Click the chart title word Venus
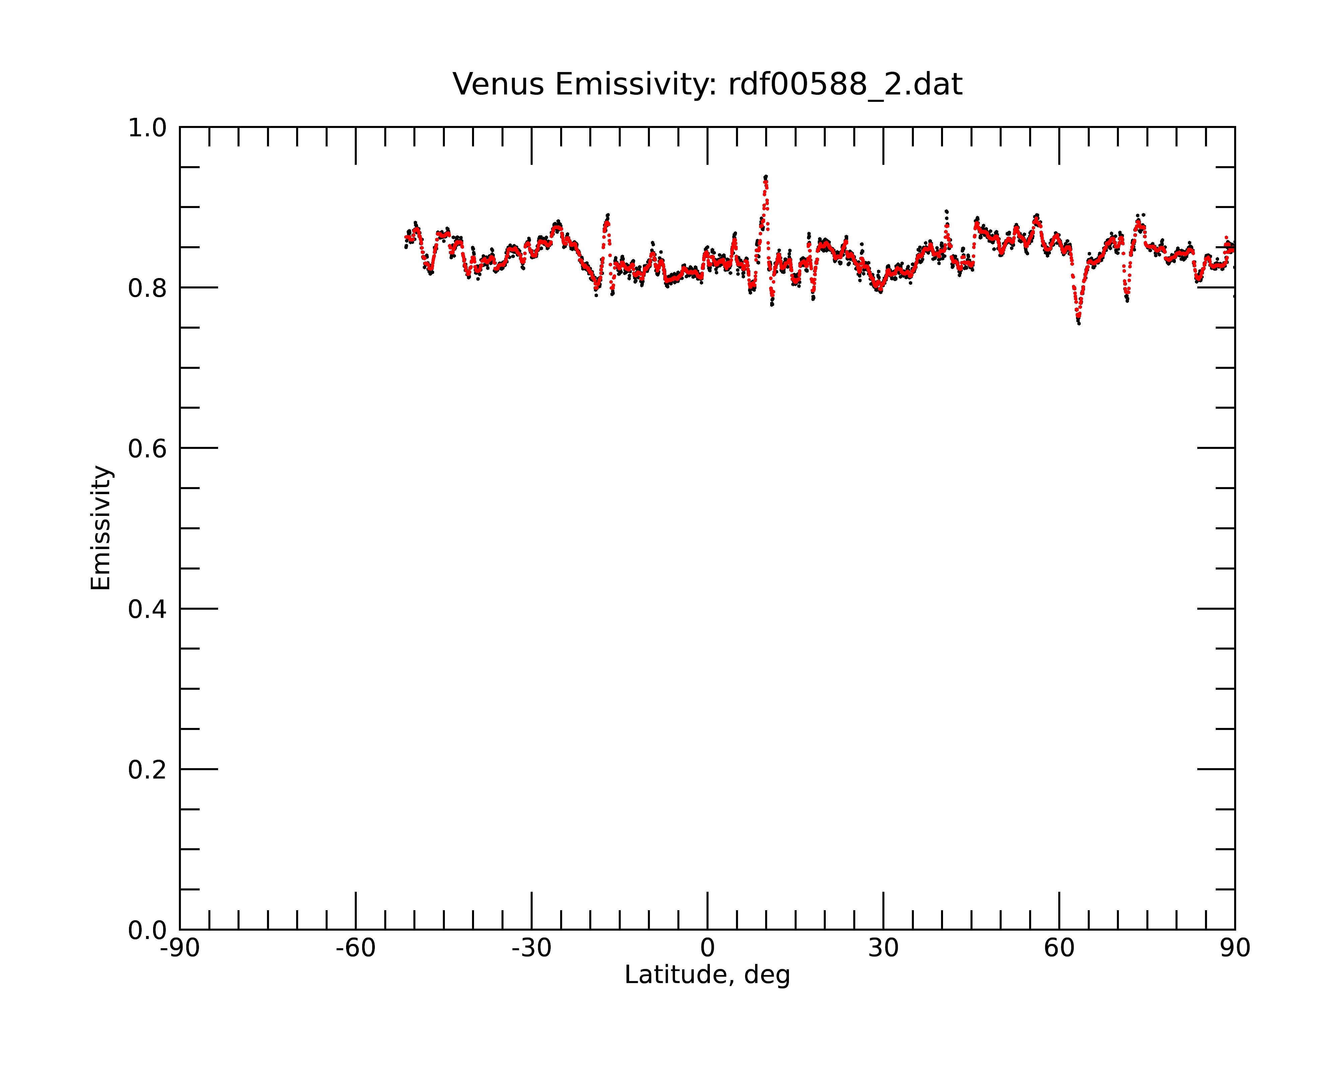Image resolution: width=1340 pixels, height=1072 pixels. (x=498, y=84)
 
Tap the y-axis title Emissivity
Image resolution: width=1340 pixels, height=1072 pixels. (x=101, y=528)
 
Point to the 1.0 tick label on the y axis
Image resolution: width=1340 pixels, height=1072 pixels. (x=147, y=129)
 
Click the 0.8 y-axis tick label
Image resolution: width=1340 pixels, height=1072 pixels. (x=147, y=288)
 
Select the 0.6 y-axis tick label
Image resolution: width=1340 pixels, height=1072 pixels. (x=147, y=449)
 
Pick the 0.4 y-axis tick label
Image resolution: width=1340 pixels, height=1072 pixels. (x=147, y=610)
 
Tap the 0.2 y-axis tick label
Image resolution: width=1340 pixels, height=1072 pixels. (x=147, y=770)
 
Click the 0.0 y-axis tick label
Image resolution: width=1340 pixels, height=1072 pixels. (x=147, y=930)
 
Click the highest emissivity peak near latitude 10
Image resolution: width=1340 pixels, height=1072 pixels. (x=766, y=177)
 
